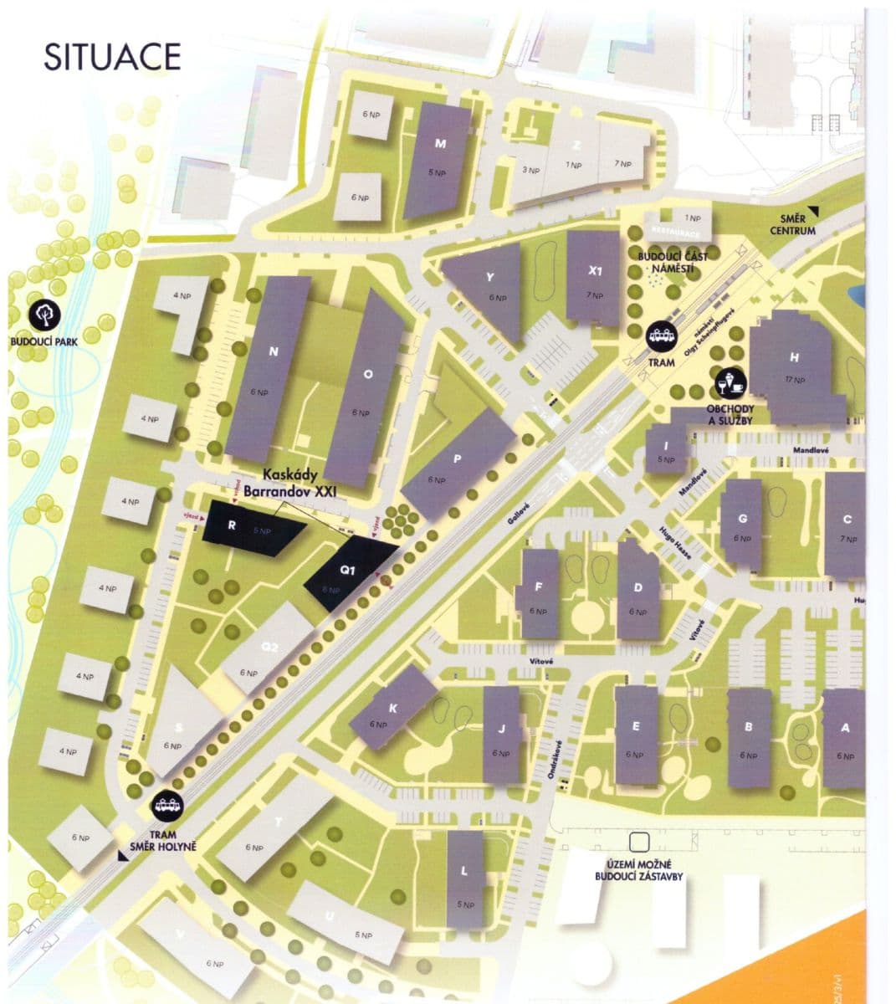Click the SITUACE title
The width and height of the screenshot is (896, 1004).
[x=112, y=56]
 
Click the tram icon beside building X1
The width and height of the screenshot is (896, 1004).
[x=663, y=336]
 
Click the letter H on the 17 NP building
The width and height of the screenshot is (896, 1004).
[x=794, y=358]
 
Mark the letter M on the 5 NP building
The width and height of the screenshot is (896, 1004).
[x=440, y=144]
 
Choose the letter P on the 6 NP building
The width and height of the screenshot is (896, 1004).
[x=458, y=459]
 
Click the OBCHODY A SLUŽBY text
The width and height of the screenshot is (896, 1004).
[x=731, y=414]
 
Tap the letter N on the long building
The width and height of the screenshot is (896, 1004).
[x=273, y=352]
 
